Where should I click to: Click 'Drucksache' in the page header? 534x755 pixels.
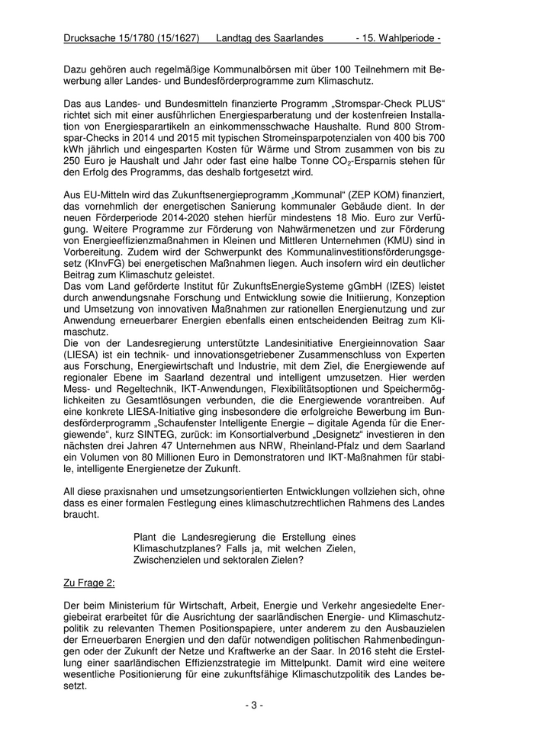point(92,37)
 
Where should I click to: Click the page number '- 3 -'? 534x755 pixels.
point(255,705)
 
